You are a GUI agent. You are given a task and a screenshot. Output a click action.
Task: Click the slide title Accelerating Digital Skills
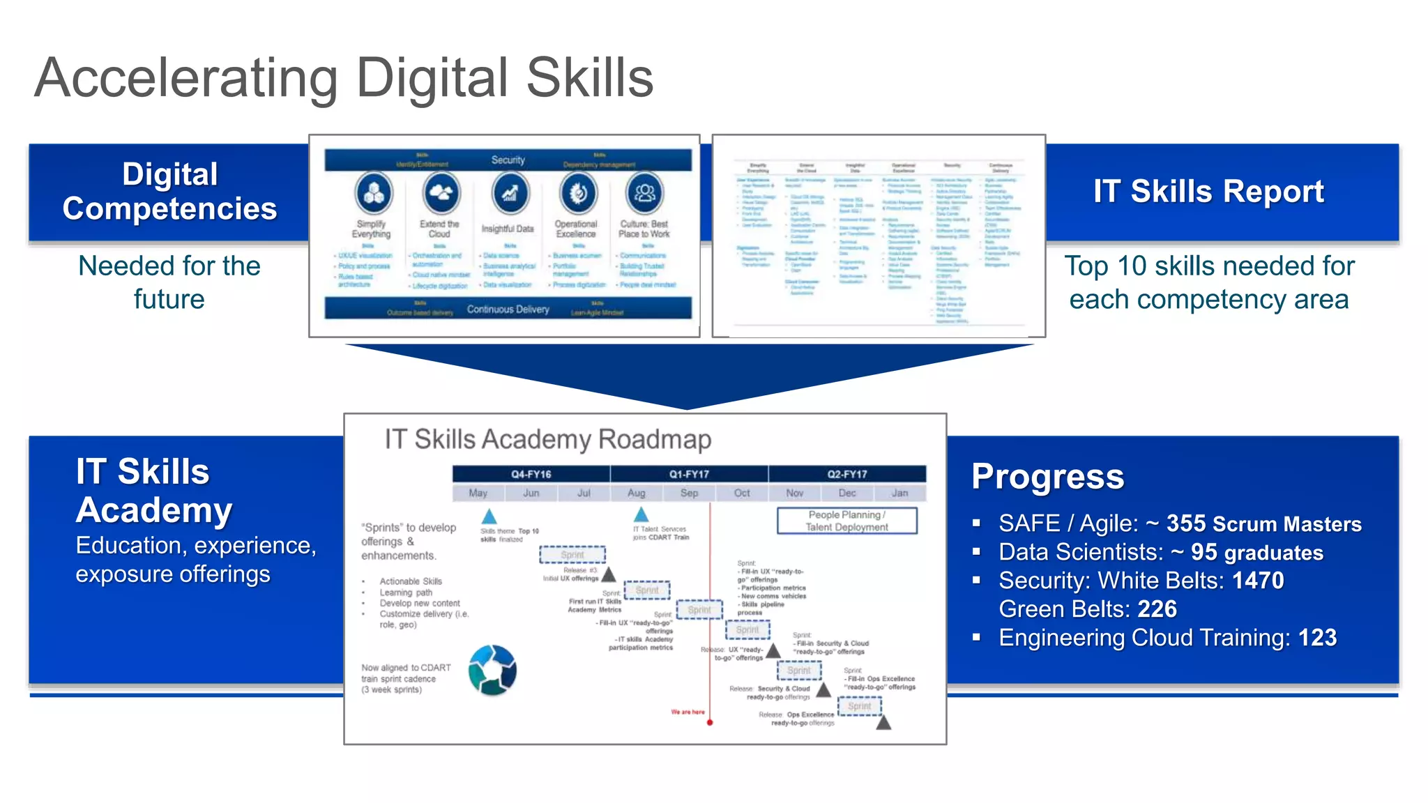click(344, 78)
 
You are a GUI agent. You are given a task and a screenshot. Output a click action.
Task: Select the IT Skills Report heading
click(1208, 192)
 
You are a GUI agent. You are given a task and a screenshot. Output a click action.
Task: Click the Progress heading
click(1047, 477)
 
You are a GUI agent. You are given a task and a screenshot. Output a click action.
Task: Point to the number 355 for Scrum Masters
click(1186, 523)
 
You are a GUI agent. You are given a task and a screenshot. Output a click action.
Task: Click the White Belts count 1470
click(1257, 581)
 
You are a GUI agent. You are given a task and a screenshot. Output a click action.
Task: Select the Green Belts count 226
click(1157, 609)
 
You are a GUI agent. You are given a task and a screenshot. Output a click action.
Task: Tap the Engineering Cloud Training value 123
click(1317, 638)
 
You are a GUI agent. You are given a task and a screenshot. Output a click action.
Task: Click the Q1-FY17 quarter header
click(689, 474)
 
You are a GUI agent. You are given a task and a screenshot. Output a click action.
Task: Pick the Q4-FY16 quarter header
click(531, 474)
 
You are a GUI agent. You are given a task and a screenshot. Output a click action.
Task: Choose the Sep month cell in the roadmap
click(689, 493)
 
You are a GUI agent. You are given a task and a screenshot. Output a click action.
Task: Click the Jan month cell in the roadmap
click(899, 493)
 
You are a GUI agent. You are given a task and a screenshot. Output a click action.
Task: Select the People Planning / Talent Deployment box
click(846, 521)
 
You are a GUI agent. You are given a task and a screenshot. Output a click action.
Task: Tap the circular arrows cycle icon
click(492, 671)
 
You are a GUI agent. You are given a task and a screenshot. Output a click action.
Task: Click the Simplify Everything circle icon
click(373, 192)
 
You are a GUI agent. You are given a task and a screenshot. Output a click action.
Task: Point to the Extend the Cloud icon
click(441, 192)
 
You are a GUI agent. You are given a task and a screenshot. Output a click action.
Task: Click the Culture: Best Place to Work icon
click(644, 192)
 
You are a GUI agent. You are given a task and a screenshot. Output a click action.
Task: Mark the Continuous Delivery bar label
click(508, 309)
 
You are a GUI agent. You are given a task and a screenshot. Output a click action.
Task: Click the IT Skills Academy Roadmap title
click(548, 440)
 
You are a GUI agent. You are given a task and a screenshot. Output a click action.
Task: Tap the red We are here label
click(688, 712)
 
